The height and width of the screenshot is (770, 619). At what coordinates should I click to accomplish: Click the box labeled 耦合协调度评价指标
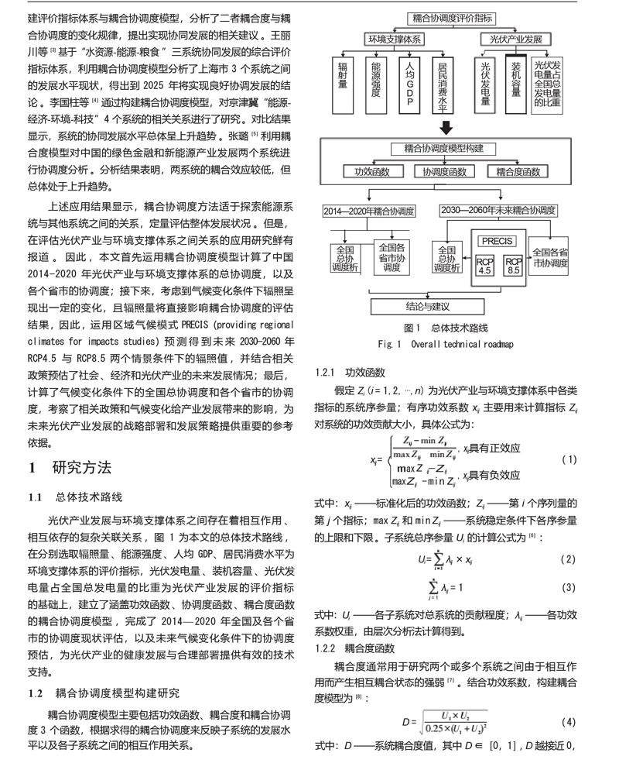click(441, 15)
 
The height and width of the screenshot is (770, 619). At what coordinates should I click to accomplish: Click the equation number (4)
click(569, 722)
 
